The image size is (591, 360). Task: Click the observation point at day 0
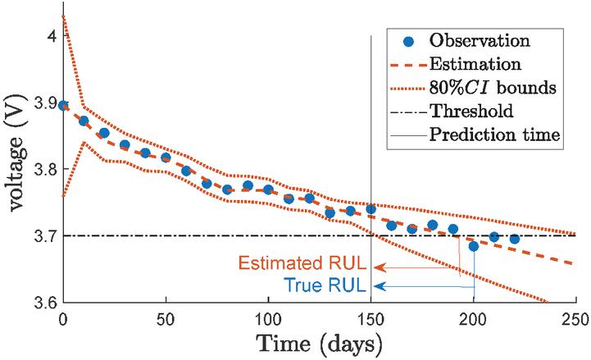coord(63,105)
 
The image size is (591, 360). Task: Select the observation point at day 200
coord(473,246)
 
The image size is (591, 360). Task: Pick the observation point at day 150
coord(371,209)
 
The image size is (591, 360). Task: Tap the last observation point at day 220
coord(514,239)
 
